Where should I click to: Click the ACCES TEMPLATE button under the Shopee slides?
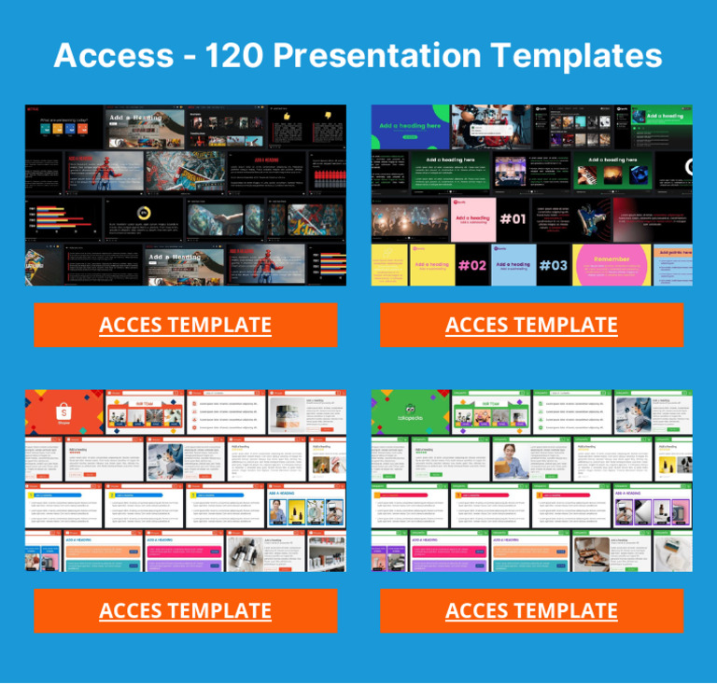coord(185,610)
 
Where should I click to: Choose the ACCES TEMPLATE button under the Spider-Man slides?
coord(185,325)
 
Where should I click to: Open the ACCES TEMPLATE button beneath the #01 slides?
coord(531,325)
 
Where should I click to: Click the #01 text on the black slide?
coord(513,219)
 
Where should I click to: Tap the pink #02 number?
coord(472,265)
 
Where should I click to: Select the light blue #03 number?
coord(553,265)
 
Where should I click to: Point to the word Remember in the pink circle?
coord(612,258)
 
